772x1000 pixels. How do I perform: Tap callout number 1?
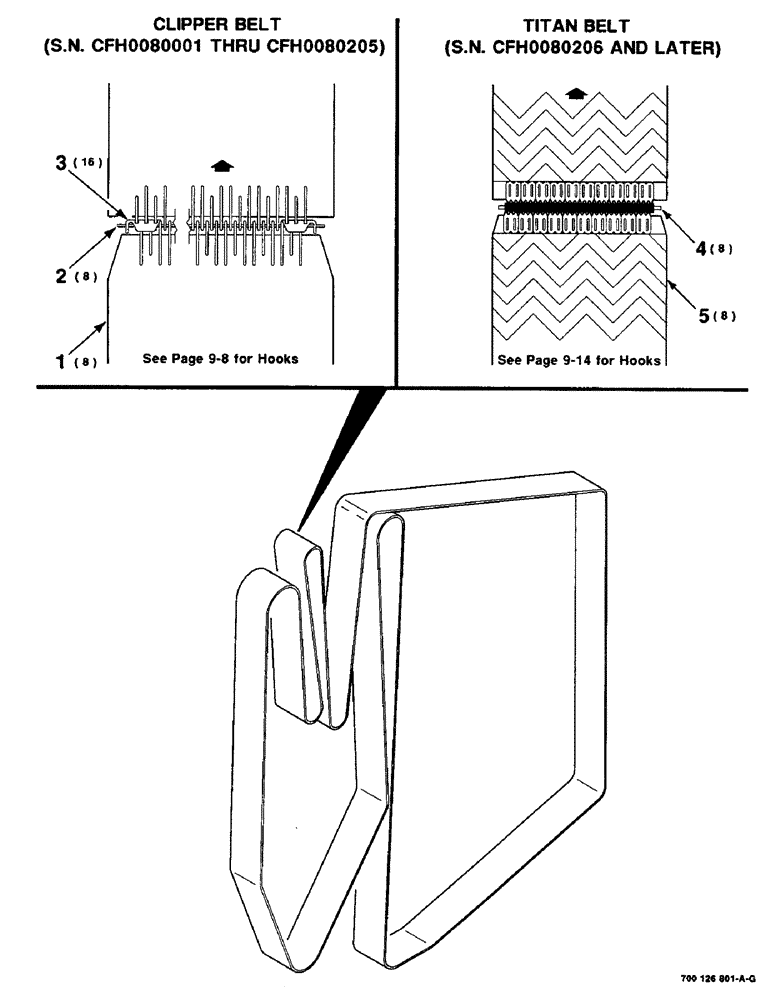coord(60,357)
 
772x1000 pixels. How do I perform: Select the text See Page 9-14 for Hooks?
coord(579,360)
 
